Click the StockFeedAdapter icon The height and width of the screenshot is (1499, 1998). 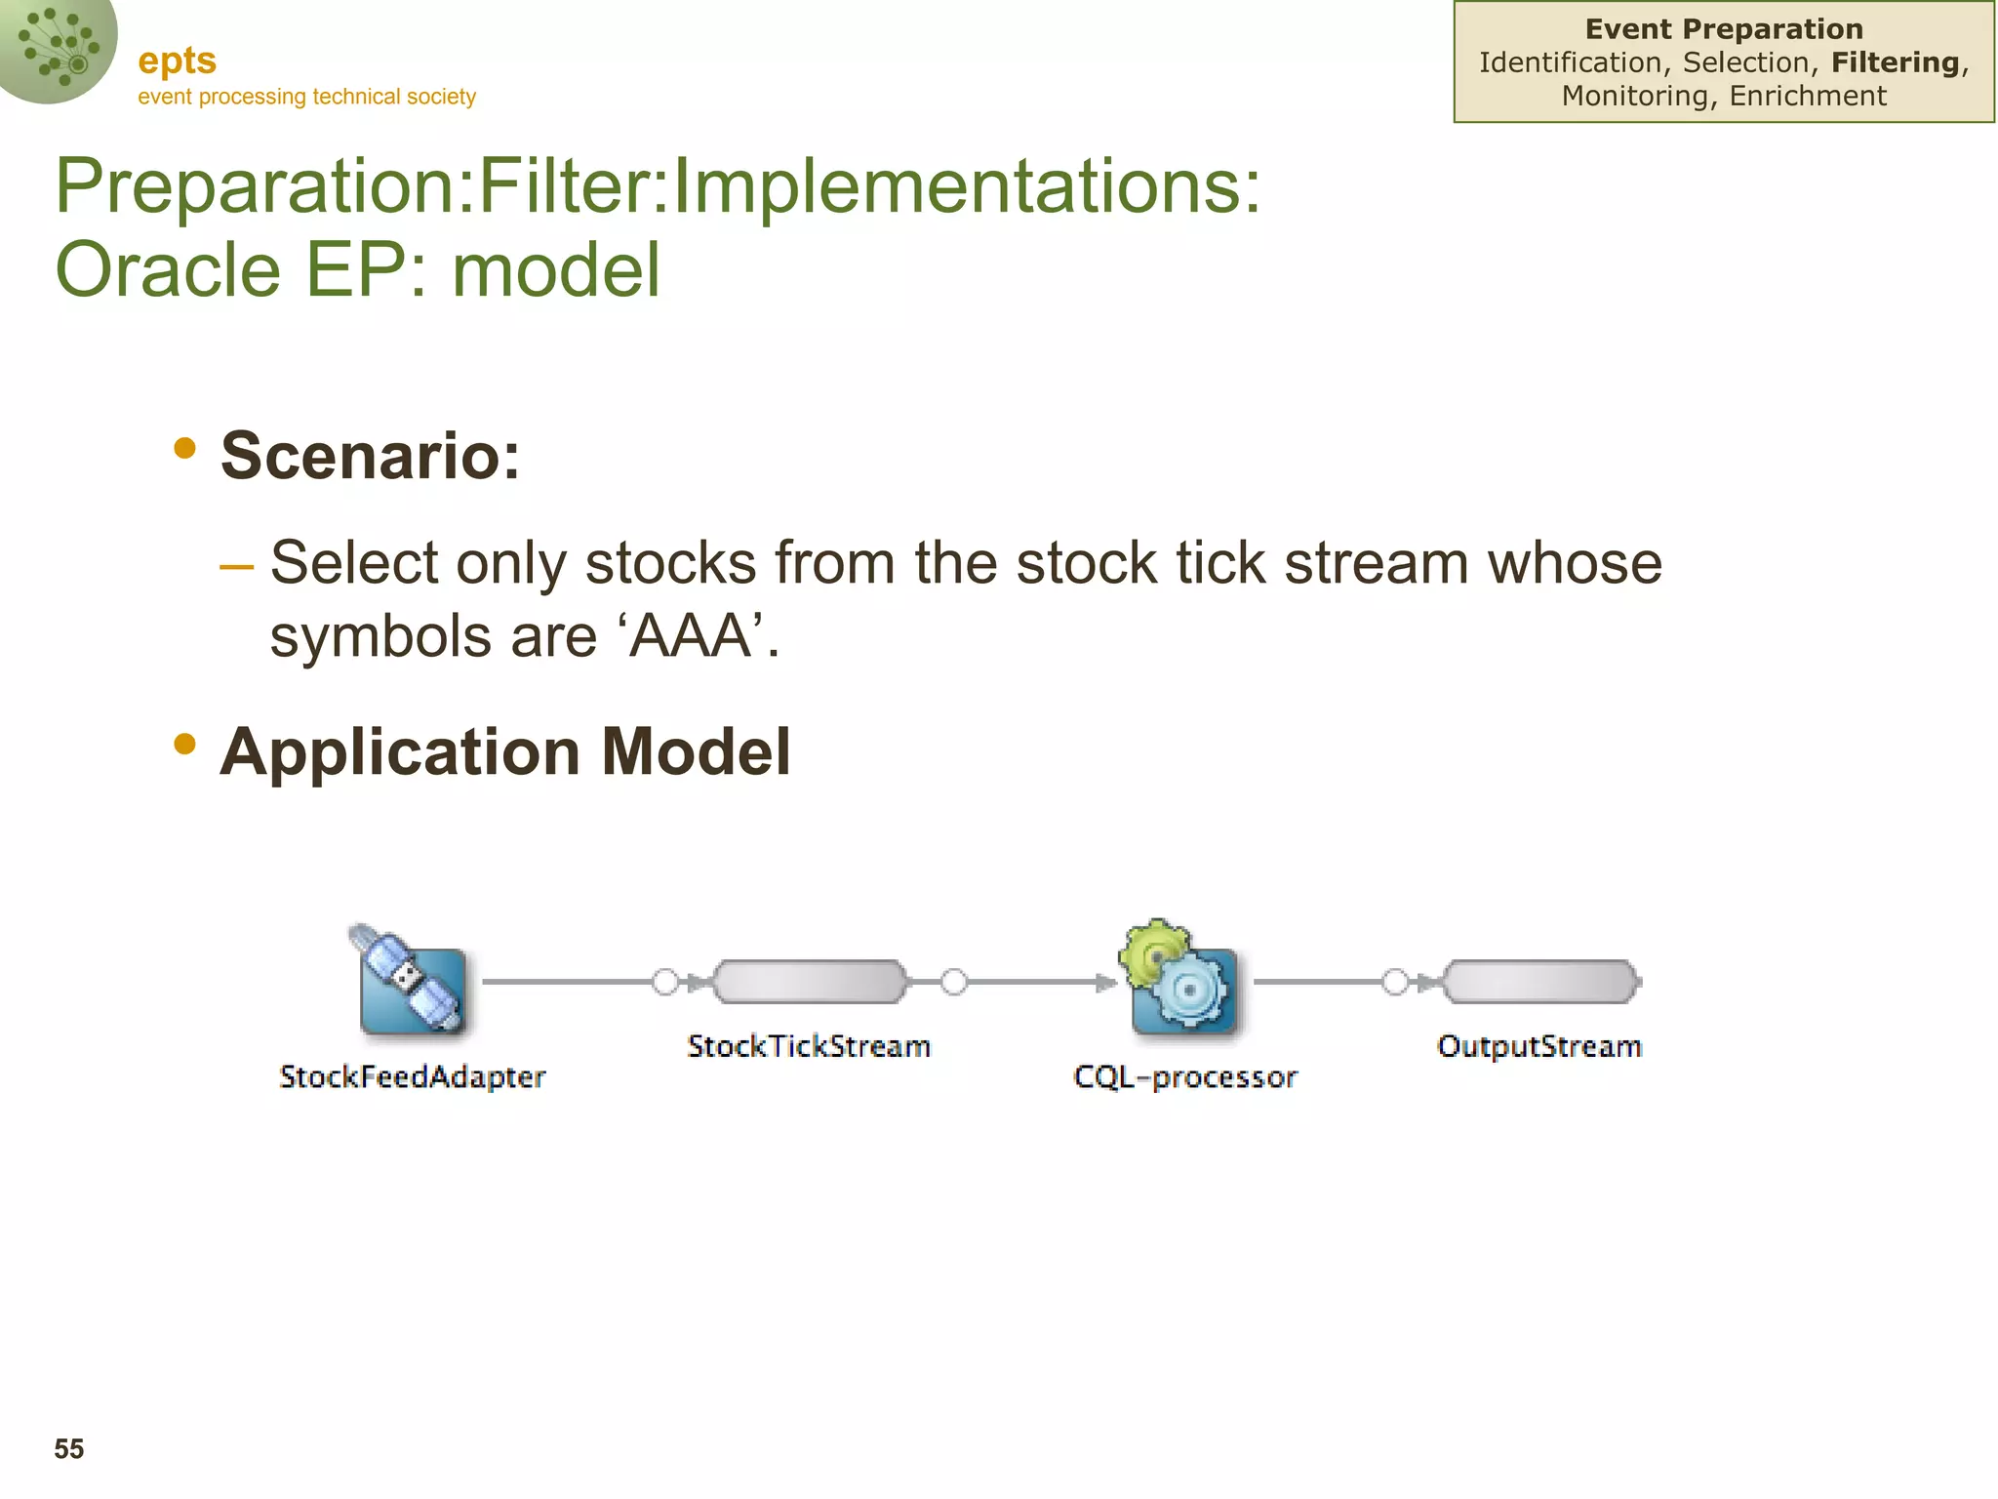(411, 982)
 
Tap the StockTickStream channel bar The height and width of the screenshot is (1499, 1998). (810, 982)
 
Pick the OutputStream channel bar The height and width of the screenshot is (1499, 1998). (1541, 982)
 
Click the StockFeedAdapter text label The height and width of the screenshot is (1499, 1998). (412, 1076)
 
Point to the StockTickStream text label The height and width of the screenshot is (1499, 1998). (809, 1046)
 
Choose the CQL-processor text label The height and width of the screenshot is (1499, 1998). (1185, 1076)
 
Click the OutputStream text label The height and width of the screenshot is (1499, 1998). (1539, 1046)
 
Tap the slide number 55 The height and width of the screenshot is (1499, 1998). (69, 1449)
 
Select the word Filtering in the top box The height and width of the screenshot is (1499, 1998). (1895, 62)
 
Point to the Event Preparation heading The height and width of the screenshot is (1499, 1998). (1724, 29)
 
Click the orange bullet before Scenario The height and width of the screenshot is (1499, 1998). (184, 448)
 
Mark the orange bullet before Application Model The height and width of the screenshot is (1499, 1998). (184, 745)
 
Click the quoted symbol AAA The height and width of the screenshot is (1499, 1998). (690, 636)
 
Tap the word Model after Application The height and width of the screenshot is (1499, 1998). (696, 752)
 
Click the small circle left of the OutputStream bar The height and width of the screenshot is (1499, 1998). (1396, 982)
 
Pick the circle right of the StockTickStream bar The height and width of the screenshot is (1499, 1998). (954, 982)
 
